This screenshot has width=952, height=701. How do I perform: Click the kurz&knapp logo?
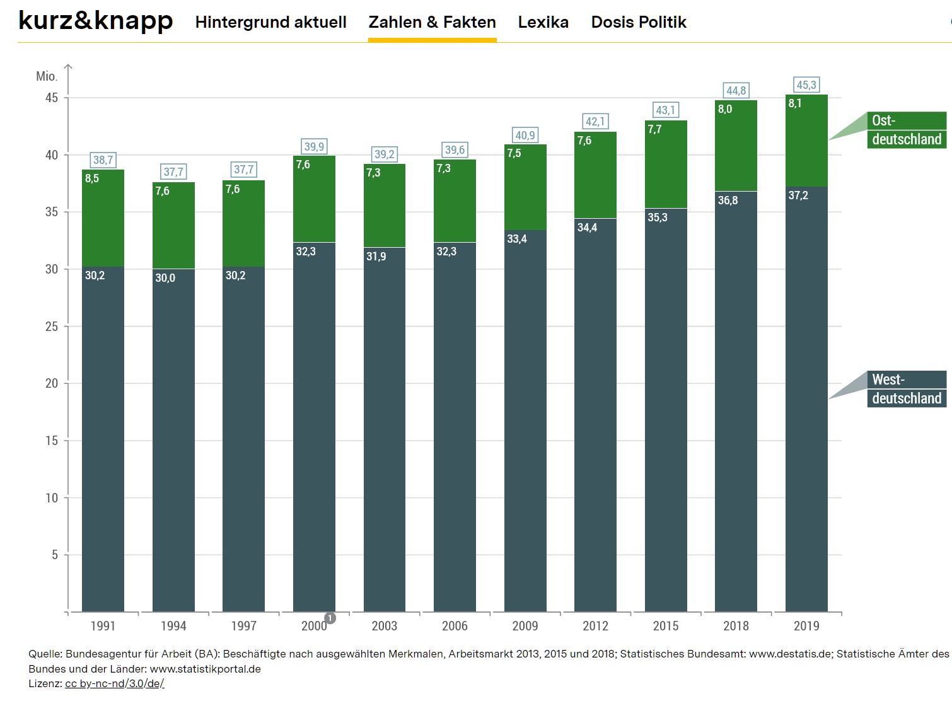pos(95,21)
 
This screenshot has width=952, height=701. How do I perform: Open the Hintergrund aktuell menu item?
pos(270,22)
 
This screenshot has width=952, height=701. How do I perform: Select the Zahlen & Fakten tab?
pos(432,22)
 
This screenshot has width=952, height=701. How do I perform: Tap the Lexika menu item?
pos(543,22)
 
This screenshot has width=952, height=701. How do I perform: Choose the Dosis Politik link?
pos(638,22)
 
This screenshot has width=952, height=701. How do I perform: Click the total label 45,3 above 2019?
pos(806,85)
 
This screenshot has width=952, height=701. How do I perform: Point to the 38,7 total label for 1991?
pos(103,160)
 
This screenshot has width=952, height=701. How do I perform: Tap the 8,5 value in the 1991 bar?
pos(92,178)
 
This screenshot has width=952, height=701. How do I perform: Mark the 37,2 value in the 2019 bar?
pos(798,195)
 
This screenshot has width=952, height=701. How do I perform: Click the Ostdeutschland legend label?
pos(906,130)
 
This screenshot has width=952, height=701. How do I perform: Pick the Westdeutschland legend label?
pos(906,389)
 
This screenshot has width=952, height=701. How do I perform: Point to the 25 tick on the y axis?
pos(52,327)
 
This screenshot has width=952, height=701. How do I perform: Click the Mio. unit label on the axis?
pos(47,76)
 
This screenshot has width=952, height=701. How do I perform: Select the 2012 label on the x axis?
pos(595,626)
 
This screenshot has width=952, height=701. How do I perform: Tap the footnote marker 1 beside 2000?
pos(330,618)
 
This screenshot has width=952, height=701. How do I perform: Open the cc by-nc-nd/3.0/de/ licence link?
pos(114,683)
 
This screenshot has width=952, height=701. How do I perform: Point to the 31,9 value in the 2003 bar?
pos(376,257)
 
